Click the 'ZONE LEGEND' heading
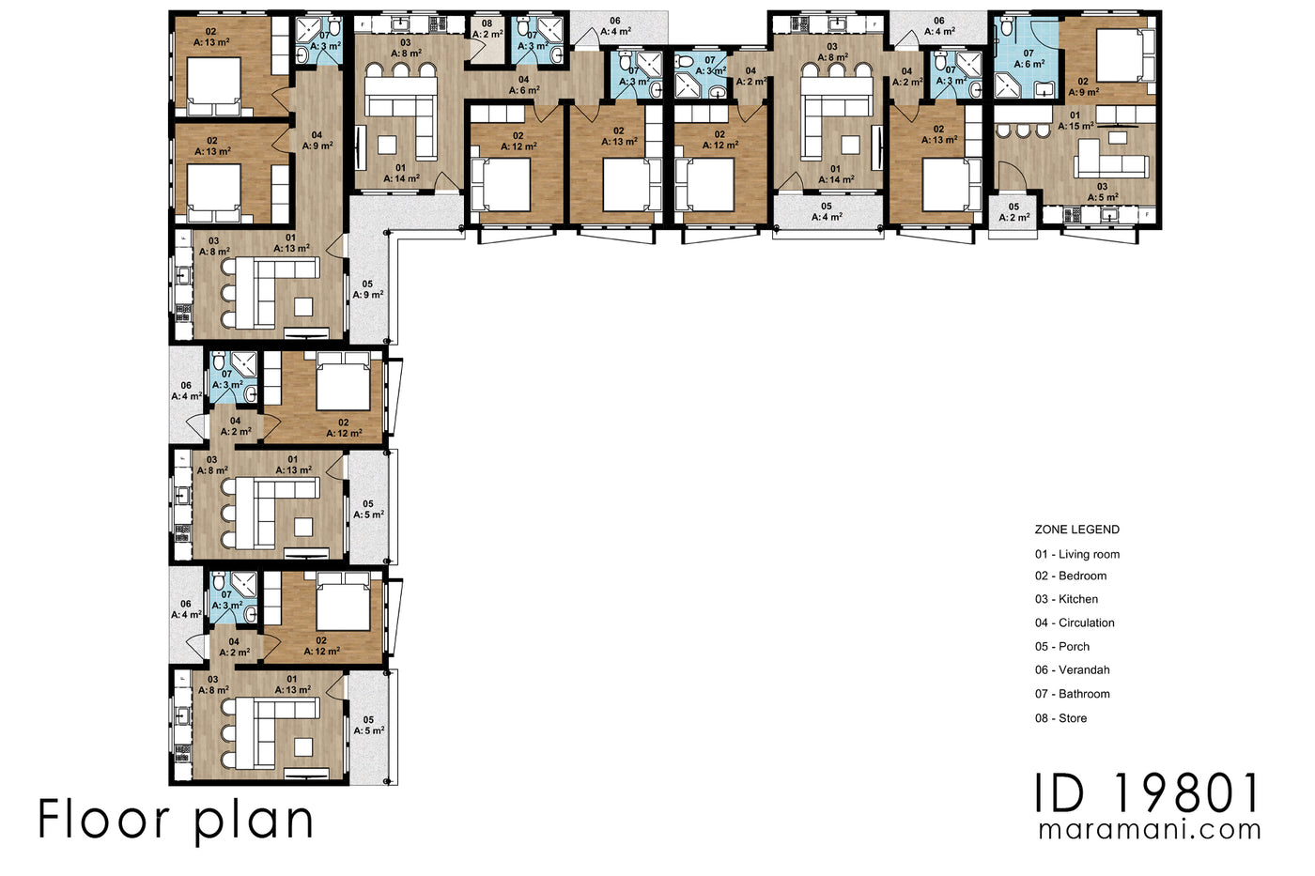(1076, 530)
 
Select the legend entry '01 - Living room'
(1077, 554)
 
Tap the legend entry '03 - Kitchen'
(1066, 599)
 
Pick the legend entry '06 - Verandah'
(1072, 669)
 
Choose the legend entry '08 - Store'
(1060, 718)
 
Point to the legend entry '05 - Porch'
(1062, 646)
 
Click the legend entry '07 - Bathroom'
(1072, 694)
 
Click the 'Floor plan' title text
(176, 819)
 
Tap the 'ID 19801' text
(1147, 793)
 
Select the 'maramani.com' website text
(1150, 830)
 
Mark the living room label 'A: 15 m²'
(1075, 126)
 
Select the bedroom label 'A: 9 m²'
(1083, 92)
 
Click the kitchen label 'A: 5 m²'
(1103, 197)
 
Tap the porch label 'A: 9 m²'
(367, 294)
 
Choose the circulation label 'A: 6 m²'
(524, 90)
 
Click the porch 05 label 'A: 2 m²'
(1013, 217)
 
